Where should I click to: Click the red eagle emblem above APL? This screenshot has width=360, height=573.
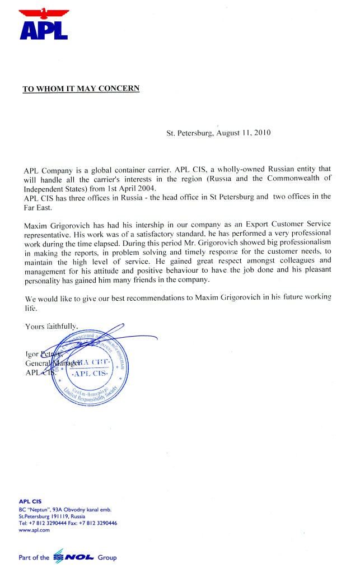pos(44,13)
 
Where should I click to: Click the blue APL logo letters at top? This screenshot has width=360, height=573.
pos(44,29)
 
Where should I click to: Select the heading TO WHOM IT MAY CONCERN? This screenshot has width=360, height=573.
pos(81,88)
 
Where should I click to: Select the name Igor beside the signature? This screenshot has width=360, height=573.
pos(32,353)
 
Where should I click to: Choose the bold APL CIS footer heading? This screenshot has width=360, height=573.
pos(30,501)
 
